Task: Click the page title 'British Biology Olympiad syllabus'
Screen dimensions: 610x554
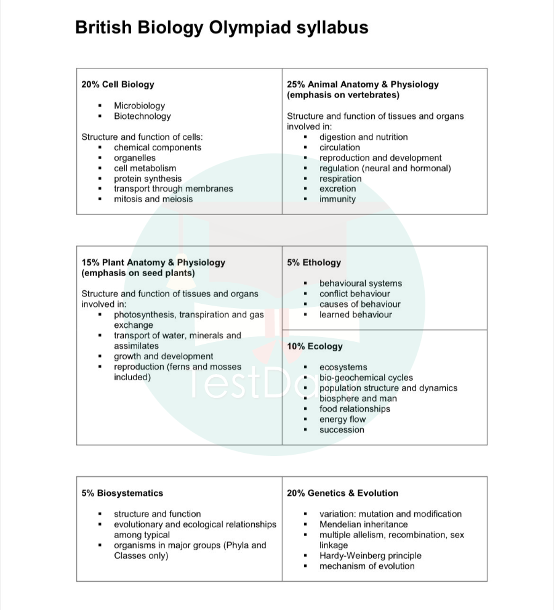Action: tap(222, 28)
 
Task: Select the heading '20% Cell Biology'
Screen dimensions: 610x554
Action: tap(118, 84)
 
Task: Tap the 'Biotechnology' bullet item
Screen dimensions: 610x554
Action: tap(142, 116)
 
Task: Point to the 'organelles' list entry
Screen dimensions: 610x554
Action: tap(135, 158)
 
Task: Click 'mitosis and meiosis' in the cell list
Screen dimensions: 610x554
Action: tap(153, 199)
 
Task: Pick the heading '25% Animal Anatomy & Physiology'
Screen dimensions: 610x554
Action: tap(363, 84)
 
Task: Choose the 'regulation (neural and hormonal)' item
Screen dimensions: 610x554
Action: tap(385, 168)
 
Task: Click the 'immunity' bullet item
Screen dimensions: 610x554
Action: tap(337, 199)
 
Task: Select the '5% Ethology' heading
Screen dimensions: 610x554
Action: tap(314, 262)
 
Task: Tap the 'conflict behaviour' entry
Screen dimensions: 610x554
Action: tap(355, 294)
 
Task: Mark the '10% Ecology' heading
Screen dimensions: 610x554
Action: tap(315, 346)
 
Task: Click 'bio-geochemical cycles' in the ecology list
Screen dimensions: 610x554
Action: tap(366, 378)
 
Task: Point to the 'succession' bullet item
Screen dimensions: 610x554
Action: tap(342, 429)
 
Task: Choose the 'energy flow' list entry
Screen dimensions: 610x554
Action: tap(342, 419)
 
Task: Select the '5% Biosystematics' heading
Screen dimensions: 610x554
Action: tap(122, 493)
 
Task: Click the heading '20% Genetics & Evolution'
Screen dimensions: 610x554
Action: tap(342, 493)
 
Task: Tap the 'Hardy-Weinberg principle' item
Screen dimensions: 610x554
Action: tap(371, 555)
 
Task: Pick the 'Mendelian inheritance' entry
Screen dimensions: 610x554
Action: tap(363, 524)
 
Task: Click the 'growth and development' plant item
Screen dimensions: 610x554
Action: tap(164, 356)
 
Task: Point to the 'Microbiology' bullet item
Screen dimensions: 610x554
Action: tap(139, 105)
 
